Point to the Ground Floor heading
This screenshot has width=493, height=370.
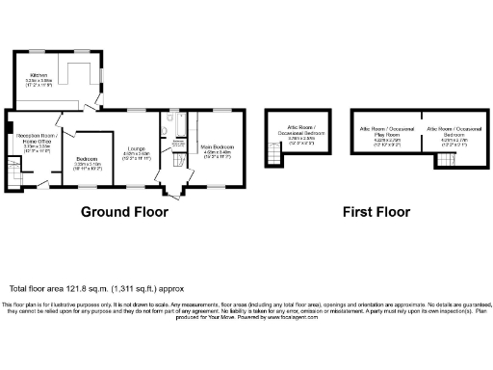(x=122, y=212)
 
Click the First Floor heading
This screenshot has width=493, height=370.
(x=376, y=212)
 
